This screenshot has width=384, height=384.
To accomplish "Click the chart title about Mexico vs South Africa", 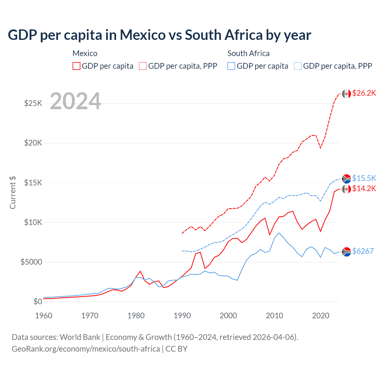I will (x=159, y=35).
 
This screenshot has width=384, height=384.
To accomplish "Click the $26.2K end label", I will (x=364, y=93).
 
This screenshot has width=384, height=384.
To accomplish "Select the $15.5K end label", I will (x=364, y=178).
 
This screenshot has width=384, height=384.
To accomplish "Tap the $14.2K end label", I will (x=364, y=188).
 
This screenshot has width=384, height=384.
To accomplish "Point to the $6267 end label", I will (x=363, y=251).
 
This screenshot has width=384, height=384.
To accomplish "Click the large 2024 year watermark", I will (x=75, y=101).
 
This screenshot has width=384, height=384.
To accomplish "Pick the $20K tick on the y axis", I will (x=33, y=143).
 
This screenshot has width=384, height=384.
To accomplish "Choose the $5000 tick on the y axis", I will (x=31, y=262).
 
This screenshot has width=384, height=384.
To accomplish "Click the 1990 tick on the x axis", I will (x=182, y=316).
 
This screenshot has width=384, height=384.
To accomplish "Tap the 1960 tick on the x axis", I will (x=44, y=316).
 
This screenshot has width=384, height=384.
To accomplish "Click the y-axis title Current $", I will (x=13, y=193).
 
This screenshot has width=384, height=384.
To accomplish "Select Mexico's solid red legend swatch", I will (x=76, y=66).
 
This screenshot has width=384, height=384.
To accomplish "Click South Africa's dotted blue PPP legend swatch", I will (x=298, y=66).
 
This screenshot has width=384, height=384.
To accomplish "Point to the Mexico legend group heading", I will (x=85, y=53).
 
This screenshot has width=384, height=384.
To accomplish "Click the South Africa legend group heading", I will (x=248, y=53).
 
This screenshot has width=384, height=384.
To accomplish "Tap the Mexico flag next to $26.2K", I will (x=346, y=94).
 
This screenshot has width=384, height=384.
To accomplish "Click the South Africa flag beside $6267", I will (x=346, y=252).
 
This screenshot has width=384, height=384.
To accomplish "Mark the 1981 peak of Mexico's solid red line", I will (x=140, y=271).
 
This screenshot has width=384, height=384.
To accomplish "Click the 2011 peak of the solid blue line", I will (x=279, y=233).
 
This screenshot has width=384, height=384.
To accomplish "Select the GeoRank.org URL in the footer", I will (x=86, y=349).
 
